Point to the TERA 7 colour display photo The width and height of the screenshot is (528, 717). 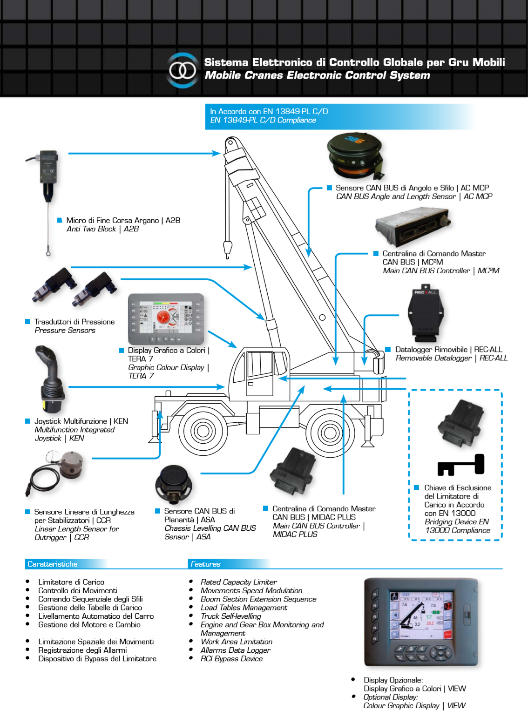[x=166, y=319]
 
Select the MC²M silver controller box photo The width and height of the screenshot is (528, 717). [x=412, y=227]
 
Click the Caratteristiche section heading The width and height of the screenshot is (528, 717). [x=53, y=564]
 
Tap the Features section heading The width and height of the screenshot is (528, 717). [x=205, y=564]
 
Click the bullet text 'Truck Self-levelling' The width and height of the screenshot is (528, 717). [x=230, y=616]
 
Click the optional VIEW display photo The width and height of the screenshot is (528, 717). [x=421, y=622]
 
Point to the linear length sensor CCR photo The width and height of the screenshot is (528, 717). [x=58, y=473]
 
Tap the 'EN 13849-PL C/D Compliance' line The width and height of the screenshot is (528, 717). [x=263, y=120]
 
